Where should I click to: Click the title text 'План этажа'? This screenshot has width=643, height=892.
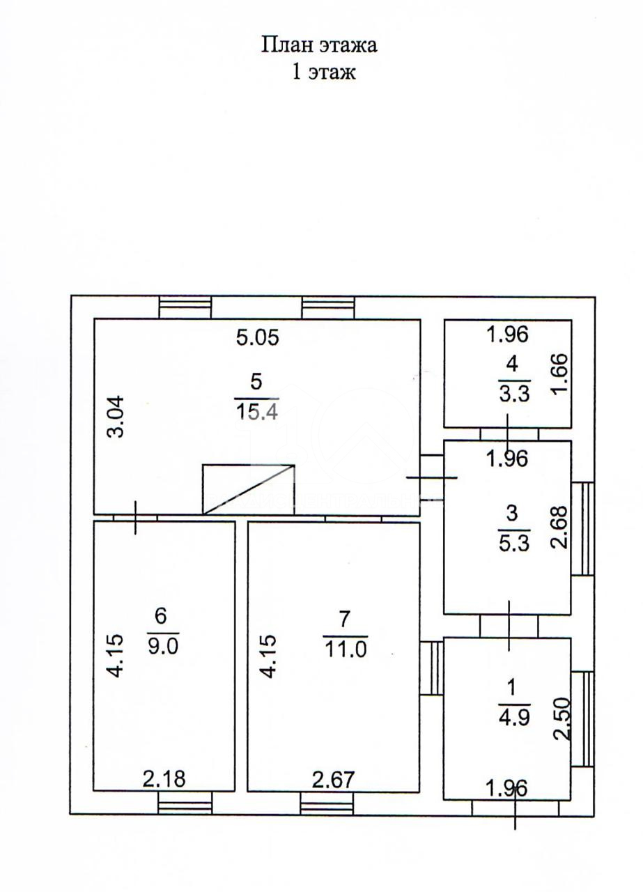pyautogui.click(x=319, y=45)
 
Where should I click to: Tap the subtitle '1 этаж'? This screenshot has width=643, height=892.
pyautogui.click(x=324, y=72)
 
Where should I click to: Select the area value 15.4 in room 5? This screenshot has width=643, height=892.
pyautogui.click(x=257, y=411)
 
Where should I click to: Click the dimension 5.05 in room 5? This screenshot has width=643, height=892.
pyautogui.click(x=258, y=338)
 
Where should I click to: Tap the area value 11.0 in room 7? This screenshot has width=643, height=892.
pyautogui.click(x=346, y=647)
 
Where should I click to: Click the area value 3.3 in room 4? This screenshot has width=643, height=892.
pyautogui.click(x=513, y=394)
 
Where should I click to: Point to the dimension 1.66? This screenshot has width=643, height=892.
pyautogui.click(x=559, y=374)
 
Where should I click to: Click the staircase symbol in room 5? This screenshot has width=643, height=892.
pyautogui.click(x=249, y=489)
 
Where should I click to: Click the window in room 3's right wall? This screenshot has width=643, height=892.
pyautogui.click(x=583, y=528)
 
